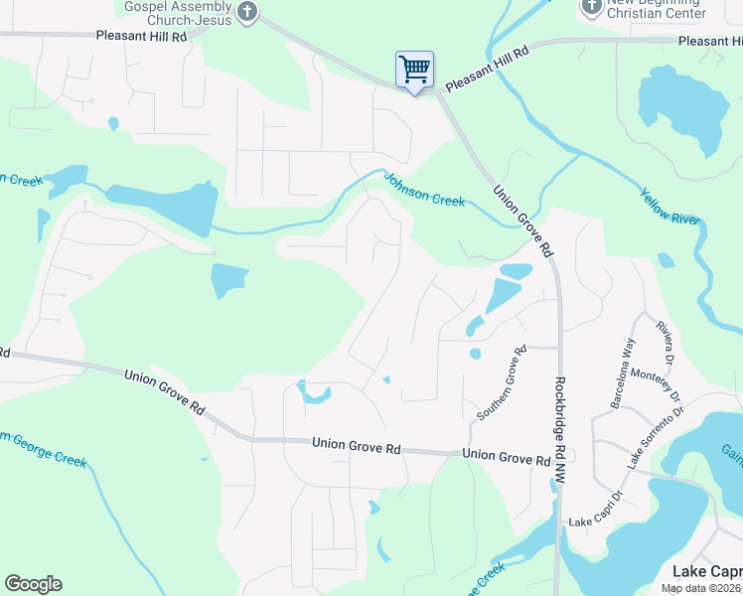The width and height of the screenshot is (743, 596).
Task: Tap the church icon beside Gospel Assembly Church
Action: [248, 13]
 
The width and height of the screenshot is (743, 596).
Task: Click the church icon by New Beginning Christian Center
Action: [590, 7]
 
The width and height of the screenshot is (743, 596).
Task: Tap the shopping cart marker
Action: [414, 71]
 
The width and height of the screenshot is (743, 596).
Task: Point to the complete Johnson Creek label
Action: [424, 191]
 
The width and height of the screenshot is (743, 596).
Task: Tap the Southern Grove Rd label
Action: [501, 383]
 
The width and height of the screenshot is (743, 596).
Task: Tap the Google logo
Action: [33, 584]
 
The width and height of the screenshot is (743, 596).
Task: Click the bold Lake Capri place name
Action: [707, 571]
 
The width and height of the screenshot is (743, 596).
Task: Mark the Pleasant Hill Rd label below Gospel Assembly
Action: [142, 36]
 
